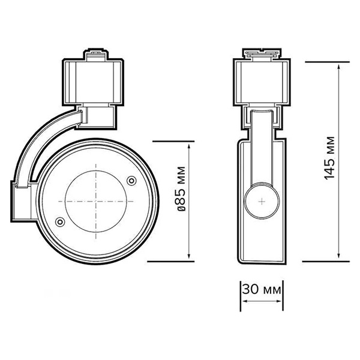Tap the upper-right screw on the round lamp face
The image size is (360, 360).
click(x=132, y=178)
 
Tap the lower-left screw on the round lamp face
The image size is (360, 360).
click(x=59, y=223)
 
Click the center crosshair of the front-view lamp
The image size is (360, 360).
click(x=95, y=200)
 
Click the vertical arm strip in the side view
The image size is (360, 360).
click(x=262, y=150)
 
